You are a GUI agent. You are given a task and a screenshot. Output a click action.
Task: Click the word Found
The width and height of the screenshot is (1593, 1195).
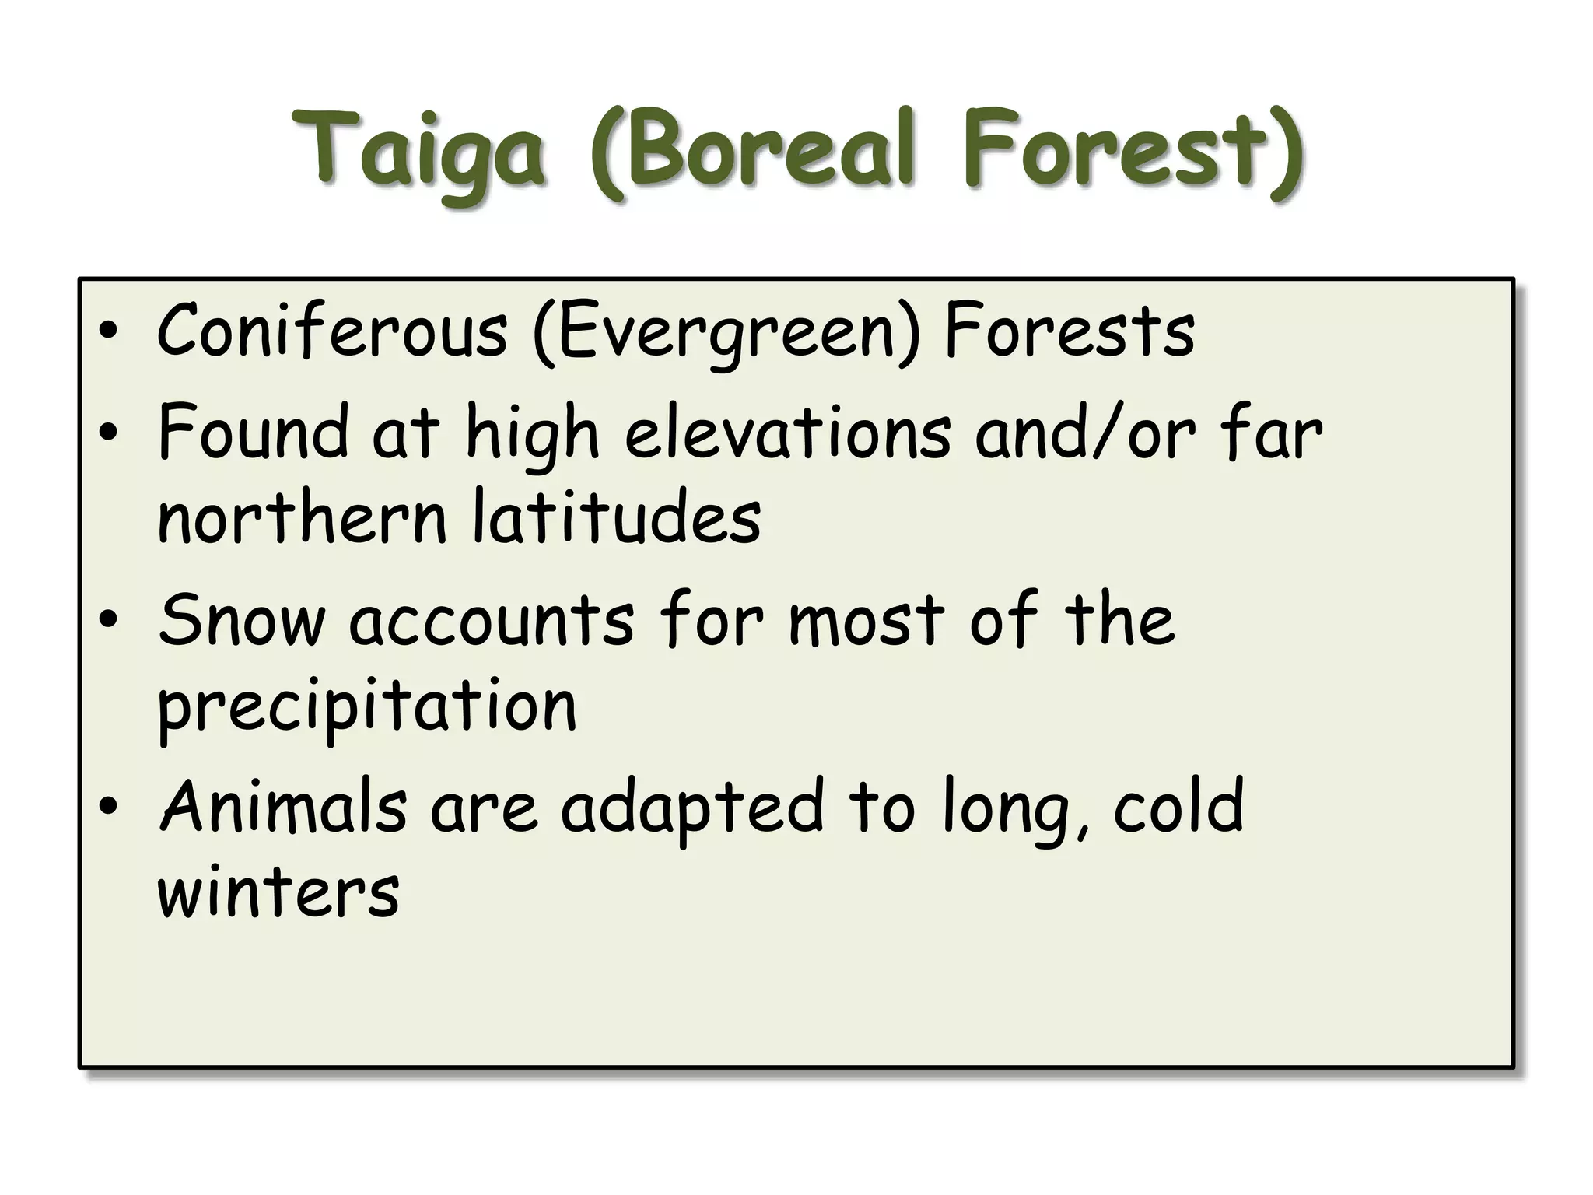[x=253, y=433]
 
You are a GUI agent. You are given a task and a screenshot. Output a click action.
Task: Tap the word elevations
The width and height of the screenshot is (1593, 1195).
[x=787, y=433]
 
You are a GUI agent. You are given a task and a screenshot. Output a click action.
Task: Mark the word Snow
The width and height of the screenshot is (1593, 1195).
[x=241, y=620]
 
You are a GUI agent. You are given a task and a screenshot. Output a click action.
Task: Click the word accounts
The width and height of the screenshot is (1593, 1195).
[x=492, y=620]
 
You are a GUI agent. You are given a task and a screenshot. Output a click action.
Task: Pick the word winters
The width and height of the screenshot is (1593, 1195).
[x=278, y=892]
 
